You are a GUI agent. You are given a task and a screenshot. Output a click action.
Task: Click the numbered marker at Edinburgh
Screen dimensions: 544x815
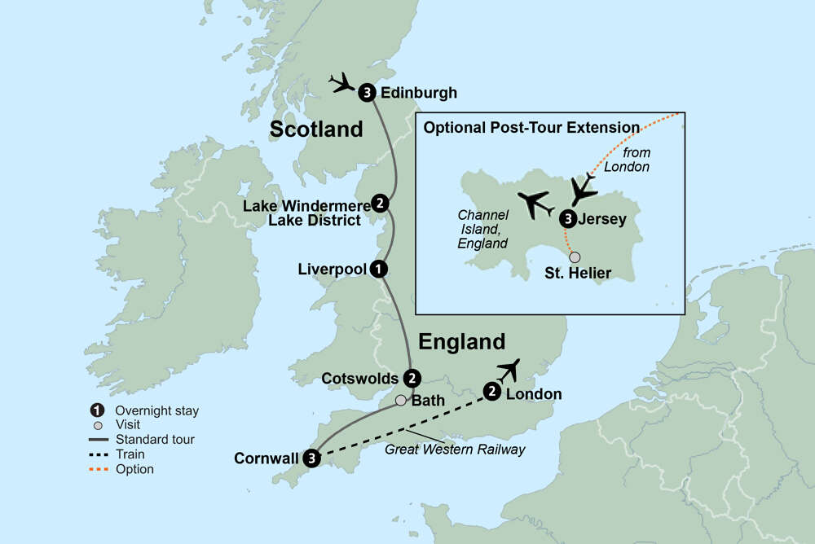click(x=368, y=92)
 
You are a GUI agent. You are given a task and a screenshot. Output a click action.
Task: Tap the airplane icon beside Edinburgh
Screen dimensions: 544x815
click(x=342, y=82)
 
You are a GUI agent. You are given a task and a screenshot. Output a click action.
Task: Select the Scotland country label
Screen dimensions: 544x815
click(x=316, y=129)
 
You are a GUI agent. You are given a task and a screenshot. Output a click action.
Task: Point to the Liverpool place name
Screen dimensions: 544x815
click(x=332, y=268)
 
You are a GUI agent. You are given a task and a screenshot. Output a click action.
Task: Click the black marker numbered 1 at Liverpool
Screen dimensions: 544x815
click(x=377, y=268)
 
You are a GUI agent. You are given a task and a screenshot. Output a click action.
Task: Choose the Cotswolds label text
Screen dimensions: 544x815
click(x=359, y=379)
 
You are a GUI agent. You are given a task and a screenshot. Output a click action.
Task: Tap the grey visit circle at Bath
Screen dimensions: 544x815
click(x=400, y=401)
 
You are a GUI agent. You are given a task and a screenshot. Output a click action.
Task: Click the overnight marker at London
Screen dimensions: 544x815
click(x=492, y=393)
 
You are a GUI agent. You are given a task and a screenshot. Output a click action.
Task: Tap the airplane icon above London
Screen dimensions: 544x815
click(x=509, y=371)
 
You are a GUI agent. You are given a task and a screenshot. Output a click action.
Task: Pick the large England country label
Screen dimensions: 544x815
click(x=461, y=341)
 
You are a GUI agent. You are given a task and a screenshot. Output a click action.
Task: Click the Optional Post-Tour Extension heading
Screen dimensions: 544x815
click(x=531, y=127)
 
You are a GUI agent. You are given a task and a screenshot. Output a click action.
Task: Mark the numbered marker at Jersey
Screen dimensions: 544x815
click(x=568, y=218)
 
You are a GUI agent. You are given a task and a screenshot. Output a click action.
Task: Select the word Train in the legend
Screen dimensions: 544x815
click(x=130, y=454)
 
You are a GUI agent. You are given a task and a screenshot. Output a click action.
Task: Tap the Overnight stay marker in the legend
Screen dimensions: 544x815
click(x=98, y=410)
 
